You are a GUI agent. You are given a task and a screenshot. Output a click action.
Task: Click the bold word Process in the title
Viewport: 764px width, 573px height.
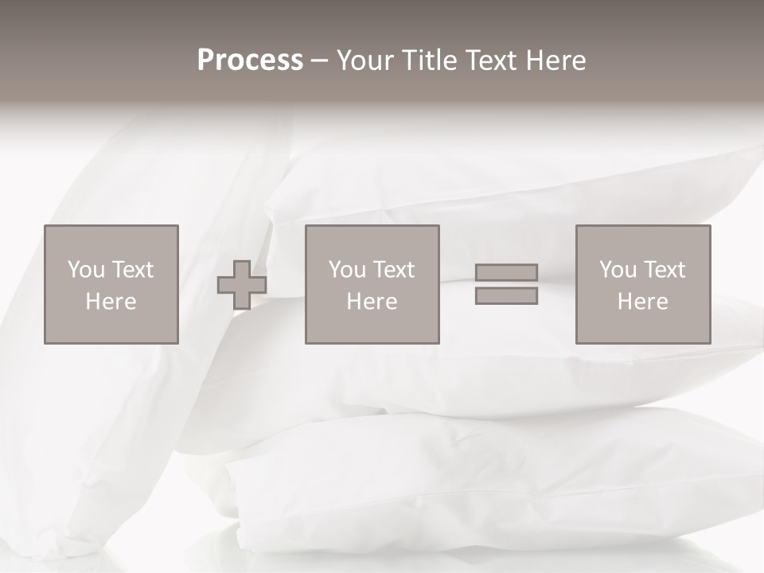[250, 60]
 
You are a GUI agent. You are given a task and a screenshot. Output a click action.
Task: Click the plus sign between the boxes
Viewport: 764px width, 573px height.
[242, 285]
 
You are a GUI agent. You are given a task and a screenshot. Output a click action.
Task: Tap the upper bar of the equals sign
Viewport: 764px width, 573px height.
[506, 272]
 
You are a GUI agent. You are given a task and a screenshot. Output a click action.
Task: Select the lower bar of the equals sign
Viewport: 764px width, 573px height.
[506, 296]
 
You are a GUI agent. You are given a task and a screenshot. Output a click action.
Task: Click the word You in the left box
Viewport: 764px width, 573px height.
[86, 270]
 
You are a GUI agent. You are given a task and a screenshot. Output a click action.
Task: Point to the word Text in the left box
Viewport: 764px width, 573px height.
[132, 270]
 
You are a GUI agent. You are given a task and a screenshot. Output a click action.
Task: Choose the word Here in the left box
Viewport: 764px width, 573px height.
[111, 302]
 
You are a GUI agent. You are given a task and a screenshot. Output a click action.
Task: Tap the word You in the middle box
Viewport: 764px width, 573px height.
[347, 270]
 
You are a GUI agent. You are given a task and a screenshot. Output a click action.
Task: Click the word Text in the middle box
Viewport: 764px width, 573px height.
[393, 270]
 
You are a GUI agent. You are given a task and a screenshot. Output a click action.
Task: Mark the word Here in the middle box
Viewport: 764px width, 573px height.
[372, 302]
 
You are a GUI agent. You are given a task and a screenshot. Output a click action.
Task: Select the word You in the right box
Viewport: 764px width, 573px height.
[618, 270]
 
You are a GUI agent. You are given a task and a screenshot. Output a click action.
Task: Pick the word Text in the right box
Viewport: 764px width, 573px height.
[664, 270]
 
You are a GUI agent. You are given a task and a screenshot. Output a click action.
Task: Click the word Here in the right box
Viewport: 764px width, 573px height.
[642, 302]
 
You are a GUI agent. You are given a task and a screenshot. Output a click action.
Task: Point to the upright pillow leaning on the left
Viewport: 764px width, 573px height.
[103, 414]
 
